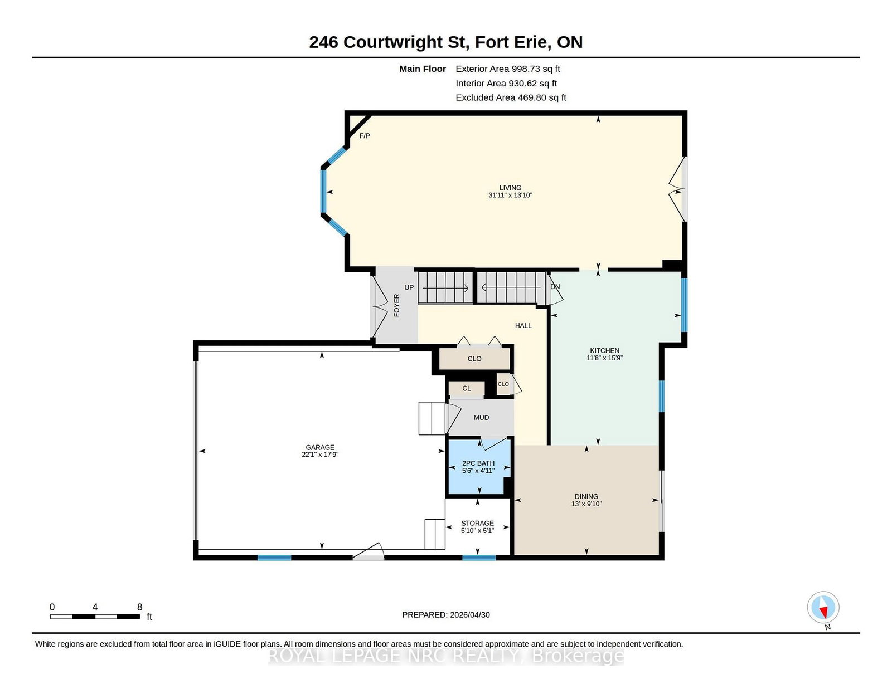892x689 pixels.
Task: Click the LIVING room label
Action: pos(510,188)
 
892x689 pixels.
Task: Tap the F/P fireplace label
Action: pos(365,136)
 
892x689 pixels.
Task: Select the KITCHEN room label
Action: pos(604,351)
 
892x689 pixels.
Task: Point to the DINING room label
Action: pos(586,496)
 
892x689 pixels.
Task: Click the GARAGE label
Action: pos(320,447)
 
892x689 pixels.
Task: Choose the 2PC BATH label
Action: pos(478,463)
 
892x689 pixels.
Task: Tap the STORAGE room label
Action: pos(477,524)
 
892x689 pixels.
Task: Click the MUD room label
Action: pos(481,418)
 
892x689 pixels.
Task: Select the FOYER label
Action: pos(396,305)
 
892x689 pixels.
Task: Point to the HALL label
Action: pos(523,326)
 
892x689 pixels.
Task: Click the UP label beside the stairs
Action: pos(409,287)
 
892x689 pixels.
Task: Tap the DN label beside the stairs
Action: pos(555,287)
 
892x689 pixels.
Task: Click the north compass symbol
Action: pos(823,607)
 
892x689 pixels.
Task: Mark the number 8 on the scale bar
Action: pos(139,607)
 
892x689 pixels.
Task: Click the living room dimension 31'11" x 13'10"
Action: pos(510,195)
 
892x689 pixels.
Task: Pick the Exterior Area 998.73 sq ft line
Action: pos(508,69)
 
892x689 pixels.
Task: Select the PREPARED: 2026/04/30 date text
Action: pos(446,615)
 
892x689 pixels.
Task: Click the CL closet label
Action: pos(466,388)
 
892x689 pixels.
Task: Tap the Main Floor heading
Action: pos(423,69)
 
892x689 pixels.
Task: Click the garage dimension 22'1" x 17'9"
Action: pos(320,455)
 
